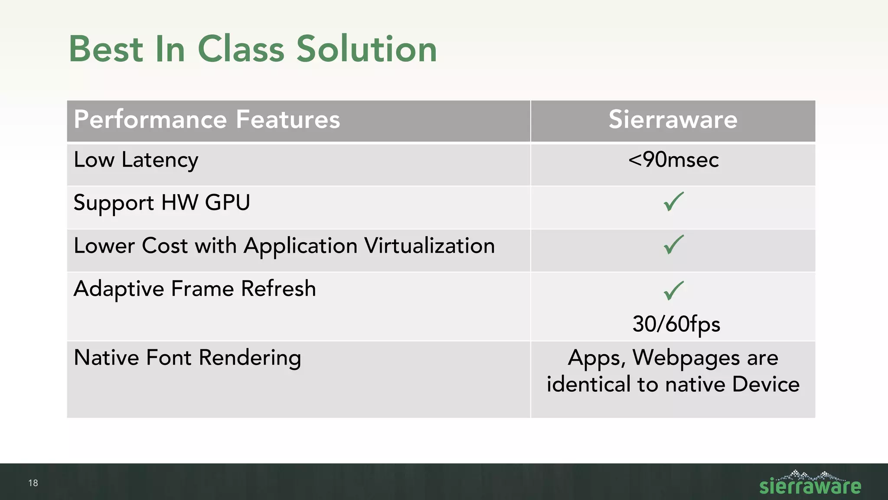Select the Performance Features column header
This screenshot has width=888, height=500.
pos(207,119)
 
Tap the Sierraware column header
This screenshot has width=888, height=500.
pos(673,119)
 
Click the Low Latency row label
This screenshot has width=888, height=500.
pos(136,160)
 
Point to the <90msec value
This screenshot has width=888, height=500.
pos(673,160)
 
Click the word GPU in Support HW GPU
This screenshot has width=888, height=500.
pos(227,203)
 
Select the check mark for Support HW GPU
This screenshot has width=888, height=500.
pos(673,202)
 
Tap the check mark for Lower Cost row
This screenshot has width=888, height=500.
pos(673,245)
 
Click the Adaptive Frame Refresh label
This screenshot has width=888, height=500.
pos(195,289)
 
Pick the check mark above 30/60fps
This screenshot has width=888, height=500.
pos(673,290)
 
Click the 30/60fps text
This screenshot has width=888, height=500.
pos(676,324)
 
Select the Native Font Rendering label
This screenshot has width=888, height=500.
pos(187,358)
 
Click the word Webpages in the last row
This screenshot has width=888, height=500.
pos(686,358)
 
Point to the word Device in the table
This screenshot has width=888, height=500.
pos(766,385)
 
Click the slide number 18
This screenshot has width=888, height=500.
pos(33,483)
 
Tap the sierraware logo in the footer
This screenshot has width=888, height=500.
pos(810,483)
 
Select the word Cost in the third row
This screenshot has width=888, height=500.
pos(165,246)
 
